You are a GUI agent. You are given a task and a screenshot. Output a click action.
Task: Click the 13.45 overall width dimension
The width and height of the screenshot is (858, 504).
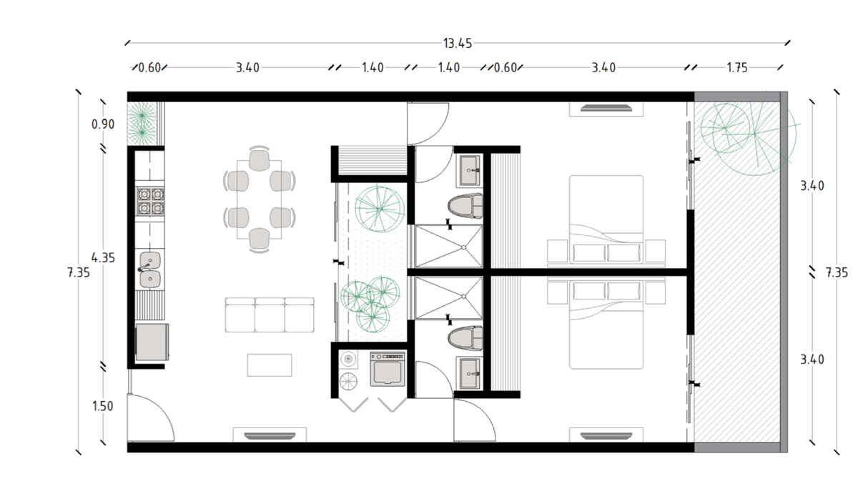click(x=458, y=44)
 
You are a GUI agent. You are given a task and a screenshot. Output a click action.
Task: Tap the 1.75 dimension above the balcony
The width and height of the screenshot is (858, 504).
click(x=737, y=68)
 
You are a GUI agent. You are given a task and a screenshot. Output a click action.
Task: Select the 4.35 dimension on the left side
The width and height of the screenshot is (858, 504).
click(x=103, y=258)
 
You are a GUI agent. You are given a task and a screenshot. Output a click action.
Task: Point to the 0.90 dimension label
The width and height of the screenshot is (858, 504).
click(x=103, y=124)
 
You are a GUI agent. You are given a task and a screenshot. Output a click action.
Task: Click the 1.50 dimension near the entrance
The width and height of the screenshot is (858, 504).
click(x=103, y=406)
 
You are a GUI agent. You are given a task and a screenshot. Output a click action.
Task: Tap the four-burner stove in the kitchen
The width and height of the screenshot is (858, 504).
click(x=151, y=201)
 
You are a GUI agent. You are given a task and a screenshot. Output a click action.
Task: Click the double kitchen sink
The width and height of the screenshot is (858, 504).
click(x=149, y=270)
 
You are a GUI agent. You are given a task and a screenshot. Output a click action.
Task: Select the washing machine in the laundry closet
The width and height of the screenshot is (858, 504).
click(x=388, y=369)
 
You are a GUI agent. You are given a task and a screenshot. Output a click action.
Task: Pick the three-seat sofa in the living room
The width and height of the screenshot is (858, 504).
click(x=270, y=315)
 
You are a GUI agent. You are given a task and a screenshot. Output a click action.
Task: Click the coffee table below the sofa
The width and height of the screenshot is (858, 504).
click(x=270, y=365)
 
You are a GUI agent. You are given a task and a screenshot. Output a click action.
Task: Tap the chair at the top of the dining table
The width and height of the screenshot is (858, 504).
click(x=260, y=159)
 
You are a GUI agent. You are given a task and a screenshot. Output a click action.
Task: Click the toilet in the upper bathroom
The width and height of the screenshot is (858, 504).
click(x=465, y=206)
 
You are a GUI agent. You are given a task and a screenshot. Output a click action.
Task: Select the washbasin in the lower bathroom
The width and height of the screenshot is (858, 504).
click(x=468, y=373)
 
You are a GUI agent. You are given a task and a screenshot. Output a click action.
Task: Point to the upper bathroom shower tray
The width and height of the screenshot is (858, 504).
click(x=449, y=246)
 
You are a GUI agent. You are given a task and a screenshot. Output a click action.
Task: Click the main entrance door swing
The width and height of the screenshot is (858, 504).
click(x=152, y=417)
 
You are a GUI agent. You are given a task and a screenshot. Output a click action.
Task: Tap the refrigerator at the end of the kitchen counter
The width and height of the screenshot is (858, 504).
click(x=152, y=342)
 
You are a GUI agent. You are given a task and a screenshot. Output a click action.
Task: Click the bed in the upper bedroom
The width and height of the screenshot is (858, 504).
click(x=606, y=219)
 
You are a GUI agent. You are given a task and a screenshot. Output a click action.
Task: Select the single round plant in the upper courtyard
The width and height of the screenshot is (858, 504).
click(x=379, y=209)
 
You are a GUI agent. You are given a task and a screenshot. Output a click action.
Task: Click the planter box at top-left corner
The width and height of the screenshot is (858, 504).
click(x=146, y=124)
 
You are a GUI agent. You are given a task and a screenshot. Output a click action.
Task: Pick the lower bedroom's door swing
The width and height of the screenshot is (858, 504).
click(x=475, y=420)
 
